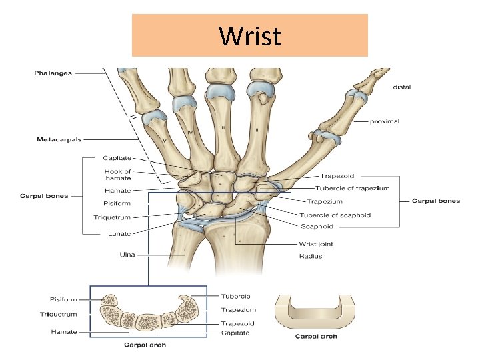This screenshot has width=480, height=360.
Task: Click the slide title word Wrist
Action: click(x=250, y=36)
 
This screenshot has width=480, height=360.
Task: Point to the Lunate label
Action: click(x=119, y=234)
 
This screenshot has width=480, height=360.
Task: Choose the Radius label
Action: click(x=311, y=255)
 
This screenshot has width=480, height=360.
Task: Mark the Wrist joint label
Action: click(x=316, y=244)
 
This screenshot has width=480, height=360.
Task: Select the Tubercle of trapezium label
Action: click(x=352, y=189)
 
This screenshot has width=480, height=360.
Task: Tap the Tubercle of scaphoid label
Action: click(x=335, y=215)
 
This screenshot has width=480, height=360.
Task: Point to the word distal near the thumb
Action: click(x=402, y=87)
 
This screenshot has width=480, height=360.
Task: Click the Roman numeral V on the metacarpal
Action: click(x=165, y=141)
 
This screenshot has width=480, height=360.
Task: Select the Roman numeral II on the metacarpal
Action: click(x=257, y=129)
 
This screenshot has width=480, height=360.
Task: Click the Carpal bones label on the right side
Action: click(x=435, y=201)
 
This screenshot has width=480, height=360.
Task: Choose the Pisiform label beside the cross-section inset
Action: click(x=63, y=300)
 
